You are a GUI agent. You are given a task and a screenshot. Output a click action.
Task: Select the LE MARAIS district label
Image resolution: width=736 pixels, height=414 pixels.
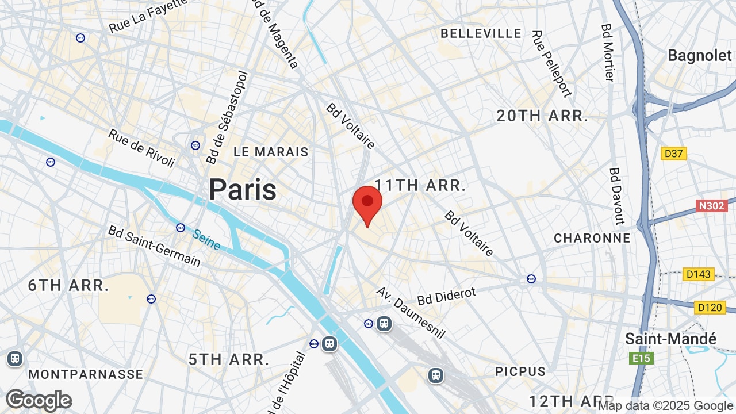point(271,152)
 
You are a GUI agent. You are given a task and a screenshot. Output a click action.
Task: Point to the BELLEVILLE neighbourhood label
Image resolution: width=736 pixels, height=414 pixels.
point(481,34)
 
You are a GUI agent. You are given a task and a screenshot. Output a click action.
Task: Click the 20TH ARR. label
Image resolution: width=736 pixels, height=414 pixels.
point(542,116)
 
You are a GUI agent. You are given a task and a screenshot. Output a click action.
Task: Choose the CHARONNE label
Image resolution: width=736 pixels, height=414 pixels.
point(592,238)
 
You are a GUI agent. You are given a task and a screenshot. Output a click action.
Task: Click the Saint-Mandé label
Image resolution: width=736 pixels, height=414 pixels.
point(671,339)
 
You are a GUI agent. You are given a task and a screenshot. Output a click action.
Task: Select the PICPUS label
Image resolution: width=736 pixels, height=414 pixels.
point(520,371)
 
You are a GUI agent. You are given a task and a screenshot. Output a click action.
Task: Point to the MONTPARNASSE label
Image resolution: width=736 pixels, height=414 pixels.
point(86,374)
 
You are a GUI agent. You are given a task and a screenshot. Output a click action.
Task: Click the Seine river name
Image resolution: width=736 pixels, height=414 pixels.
point(206,240)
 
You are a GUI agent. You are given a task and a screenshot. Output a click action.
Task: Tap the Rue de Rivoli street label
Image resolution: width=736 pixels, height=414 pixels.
point(141,148)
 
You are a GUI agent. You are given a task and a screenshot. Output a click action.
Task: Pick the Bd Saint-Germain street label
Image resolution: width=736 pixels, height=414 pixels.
point(154,246)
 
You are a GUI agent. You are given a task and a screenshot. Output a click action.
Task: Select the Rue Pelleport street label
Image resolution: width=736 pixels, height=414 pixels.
point(551,64)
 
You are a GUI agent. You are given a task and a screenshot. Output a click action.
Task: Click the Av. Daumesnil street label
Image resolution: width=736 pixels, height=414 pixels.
point(411,313)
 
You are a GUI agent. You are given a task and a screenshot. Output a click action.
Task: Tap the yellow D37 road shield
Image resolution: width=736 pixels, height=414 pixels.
point(674,154)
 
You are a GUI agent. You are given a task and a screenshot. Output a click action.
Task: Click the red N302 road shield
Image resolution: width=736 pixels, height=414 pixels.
point(712,206)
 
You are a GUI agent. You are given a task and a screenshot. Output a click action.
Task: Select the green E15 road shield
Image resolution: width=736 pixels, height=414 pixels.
point(641,359)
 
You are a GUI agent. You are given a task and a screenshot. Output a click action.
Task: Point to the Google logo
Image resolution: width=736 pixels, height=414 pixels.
point(39,400)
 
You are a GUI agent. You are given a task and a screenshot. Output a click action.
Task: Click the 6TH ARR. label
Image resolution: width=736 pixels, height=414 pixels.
point(68,285)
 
